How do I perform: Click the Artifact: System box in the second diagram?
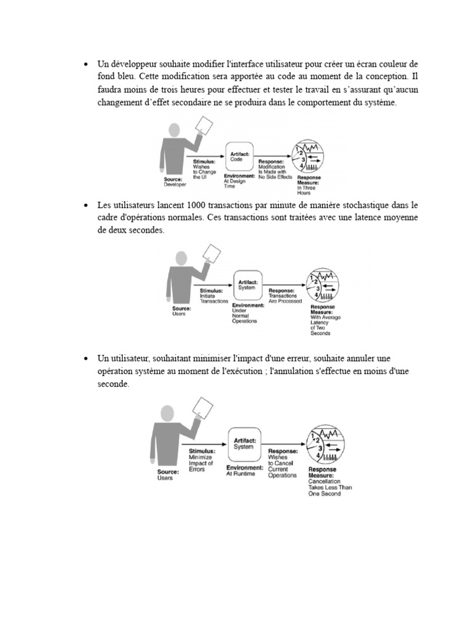click(x=246, y=285)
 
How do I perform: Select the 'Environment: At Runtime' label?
click(x=244, y=471)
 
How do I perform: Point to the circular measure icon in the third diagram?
click(x=326, y=446)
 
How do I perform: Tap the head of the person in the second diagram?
click(x=181, y=258)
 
